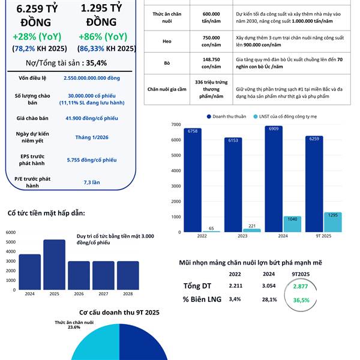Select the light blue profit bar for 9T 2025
pos(332,222)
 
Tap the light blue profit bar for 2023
pos(251,230)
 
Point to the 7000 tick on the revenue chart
pos(175,124)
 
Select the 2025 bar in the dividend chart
pos(54,265)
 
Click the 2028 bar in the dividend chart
pos(127,275)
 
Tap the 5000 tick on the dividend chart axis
pos(10,242)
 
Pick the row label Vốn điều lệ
pos(32,78)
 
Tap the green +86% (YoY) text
pos(101,36)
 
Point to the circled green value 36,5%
pos(301,300)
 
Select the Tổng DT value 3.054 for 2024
pos(269,286)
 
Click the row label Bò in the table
pos(167,62)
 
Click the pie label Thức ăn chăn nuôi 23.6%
pos(74,325)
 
